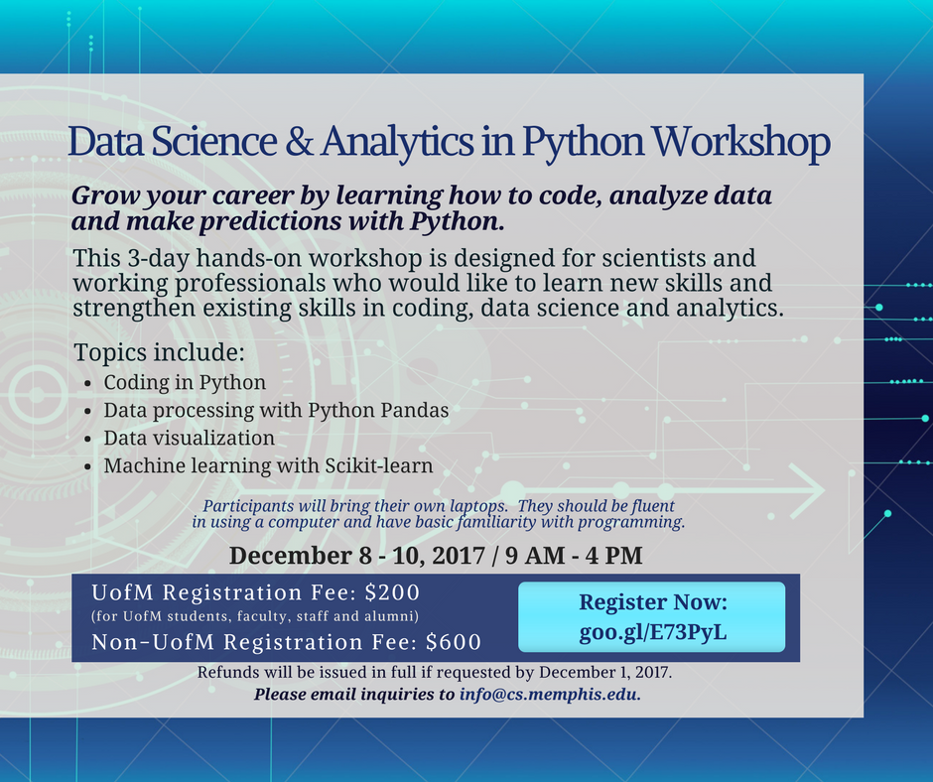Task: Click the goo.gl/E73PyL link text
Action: (x=652, y=631)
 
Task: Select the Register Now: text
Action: (x=652, y=602)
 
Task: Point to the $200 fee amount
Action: (x=392, y=593)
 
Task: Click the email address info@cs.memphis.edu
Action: (x=550, y=694)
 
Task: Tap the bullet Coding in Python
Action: (x=185, y=382)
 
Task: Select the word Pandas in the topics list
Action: (x=415, y=410)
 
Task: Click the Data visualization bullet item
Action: (x=189, y=438)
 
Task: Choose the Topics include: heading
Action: (x=159, y=353)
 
